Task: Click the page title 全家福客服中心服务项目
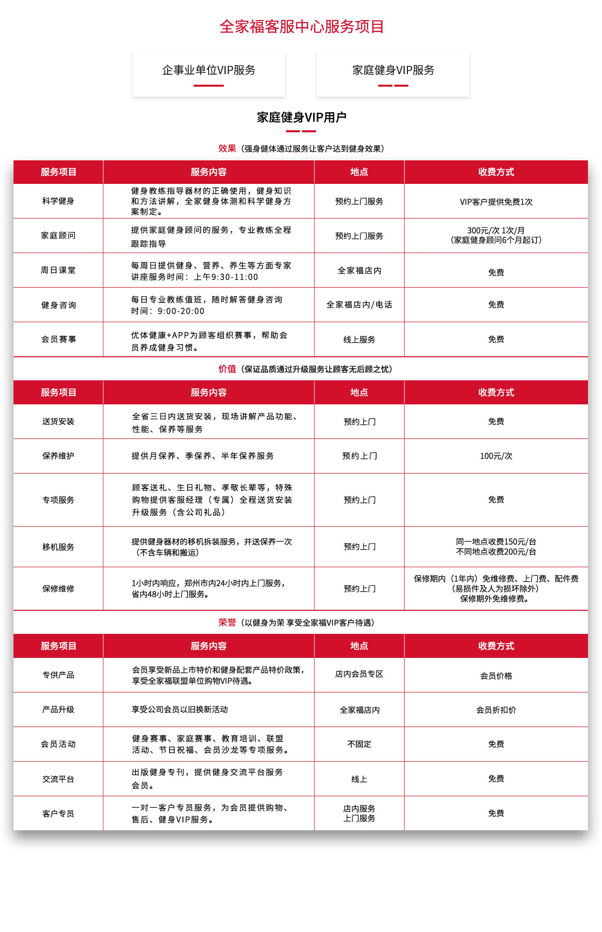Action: pos(302,27)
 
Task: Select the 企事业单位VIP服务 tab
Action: pos(209,70)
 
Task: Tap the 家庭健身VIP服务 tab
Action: pos(393,70)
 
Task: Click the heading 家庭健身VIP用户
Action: pos(302,117)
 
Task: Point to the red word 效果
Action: pos(227,148)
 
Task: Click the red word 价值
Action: pos(227,369)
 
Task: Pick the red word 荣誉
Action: pos(227,622)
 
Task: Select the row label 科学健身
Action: pos(58,201)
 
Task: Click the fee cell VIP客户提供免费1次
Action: pos(496,202)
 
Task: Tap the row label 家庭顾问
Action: pos(58,236)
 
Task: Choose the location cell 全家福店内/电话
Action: pos(359,305)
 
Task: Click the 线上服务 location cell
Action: pos(359,340)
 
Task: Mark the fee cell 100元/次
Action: pos(496,456)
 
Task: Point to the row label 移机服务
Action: pos(58,547)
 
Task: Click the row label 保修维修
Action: pos(58,589)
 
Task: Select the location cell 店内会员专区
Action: pos(359,674)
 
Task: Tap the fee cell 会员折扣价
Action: pos(496,710)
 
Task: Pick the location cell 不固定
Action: pos(359,744)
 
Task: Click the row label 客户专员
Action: pos(58,814)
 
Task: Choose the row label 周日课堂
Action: pos(58,270)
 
